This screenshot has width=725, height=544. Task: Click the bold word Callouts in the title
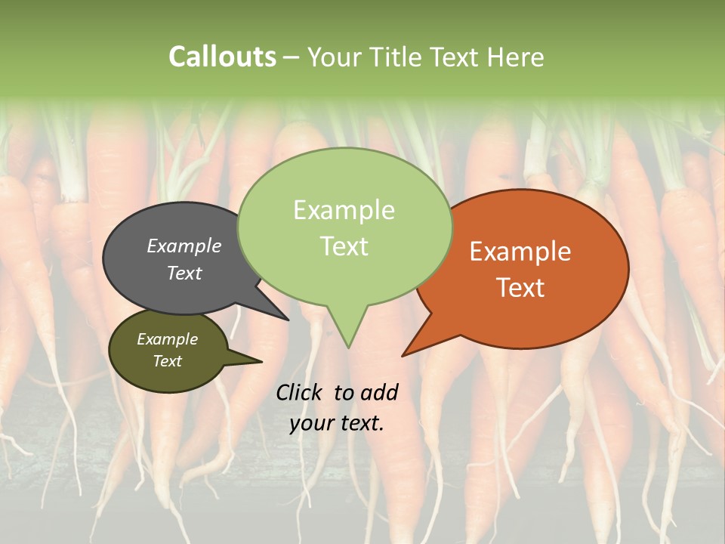pyautogui.click(x=222, y=57)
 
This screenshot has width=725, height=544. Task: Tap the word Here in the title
pyautogui.click(x=517, y=57)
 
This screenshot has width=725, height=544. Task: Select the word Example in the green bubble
pyautogui.click(x=344, y=210)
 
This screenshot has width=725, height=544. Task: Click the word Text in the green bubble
pyautogui.click(x=344, y=246)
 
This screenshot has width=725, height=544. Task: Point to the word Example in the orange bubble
pyautogui.click(x=520, y=252)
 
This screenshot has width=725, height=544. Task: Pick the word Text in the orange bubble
pyautogui.click(x=520, y=288)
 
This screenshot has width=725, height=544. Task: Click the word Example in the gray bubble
pyautogui.click(x=184, y=246)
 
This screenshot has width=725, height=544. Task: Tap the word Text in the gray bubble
pyautogui.click(x=184, y=273)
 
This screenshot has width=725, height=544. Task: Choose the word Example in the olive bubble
pyautogui.click(x=167, y=339)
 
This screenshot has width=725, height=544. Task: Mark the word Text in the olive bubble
pyautogui.click(x=167, y=361)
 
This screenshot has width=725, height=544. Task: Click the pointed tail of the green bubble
pyautogui.click(x=348, y=344)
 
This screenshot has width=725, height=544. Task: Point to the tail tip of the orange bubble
pyautogui.click(x=406, y=354)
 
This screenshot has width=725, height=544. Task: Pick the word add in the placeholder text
pyautogui.click(x=379, y=392)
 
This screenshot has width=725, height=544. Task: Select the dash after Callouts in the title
pyautogui.click(x=292, y=57)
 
